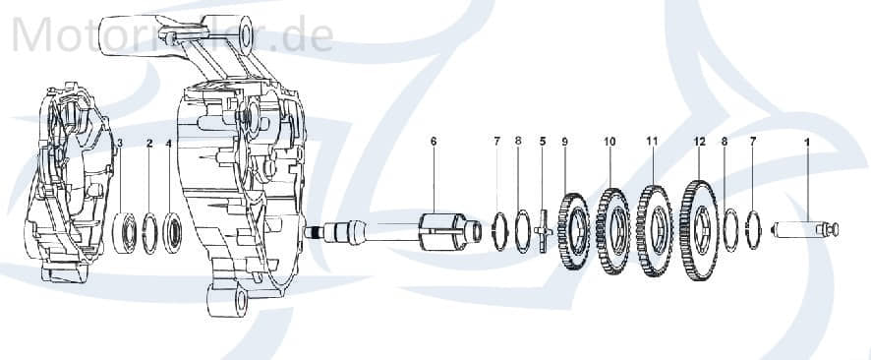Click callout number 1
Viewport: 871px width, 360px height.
tap(807, 143)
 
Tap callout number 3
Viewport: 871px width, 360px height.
tap(120, 144)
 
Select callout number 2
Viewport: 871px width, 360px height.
tap(149, 144)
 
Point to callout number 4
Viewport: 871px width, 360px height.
tap(169, 144)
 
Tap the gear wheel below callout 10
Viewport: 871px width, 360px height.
tap(611, 232)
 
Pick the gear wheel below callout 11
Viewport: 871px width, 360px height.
tap(653, 230)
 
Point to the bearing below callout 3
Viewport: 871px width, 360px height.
tap(126, 232)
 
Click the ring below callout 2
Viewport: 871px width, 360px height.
tap(149, 233)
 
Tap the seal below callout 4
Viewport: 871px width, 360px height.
tap(171, 232)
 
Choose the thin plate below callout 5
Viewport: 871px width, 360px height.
tap(542, 234)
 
